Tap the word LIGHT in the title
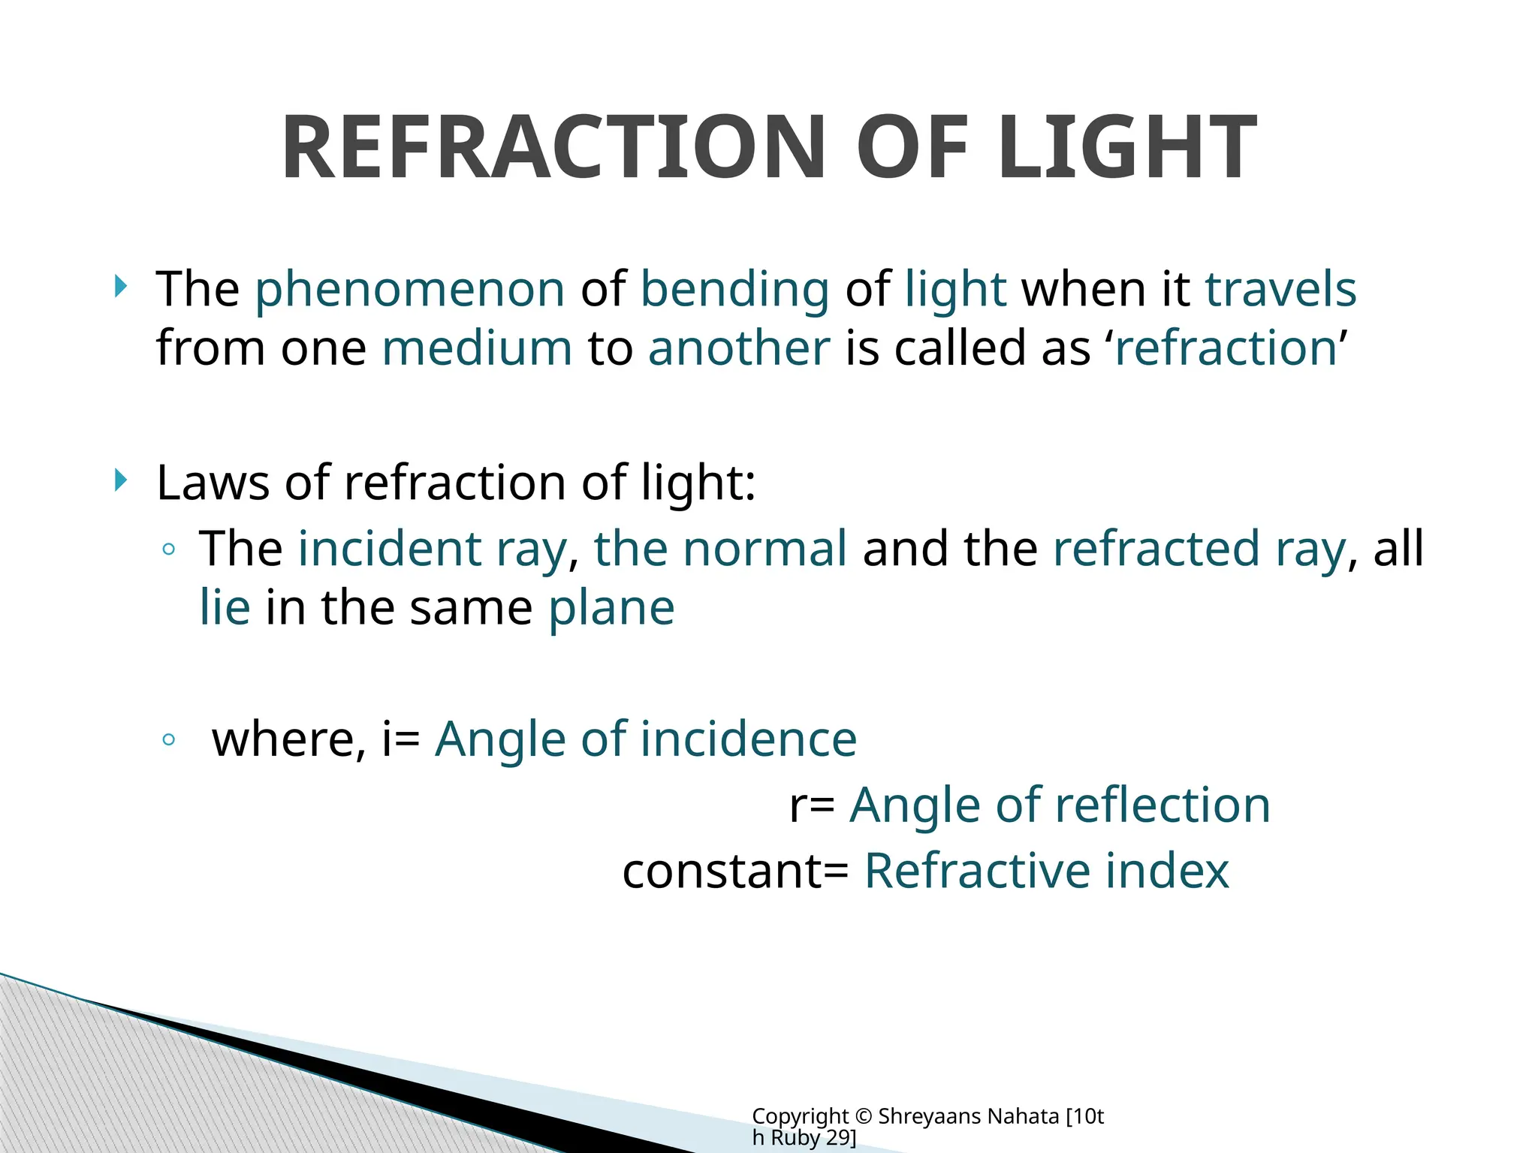pyautogui.click(x=1127, y=148)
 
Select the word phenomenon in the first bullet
pyautogui.click(x=409, y=290)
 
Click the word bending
pyautogui.click(x=734, y=290)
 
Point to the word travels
pyautogui.click(x=1280, y=290)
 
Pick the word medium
pyautogui.click(x=477, y=348)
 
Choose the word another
pyautogui.click(x=739, y=348)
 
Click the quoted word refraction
pyautogui.click(x=1226, y=348)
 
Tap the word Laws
pyautogui.click(x=213, y=482)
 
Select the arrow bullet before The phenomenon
pyautogui.click(x=121, y=286)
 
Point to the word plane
pyautogui.click(x=611, y=607)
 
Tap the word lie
pyautogui.click(x=225, y=607)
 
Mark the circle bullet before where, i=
pyautogui.click(x=168, y=740)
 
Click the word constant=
pyautogui.click(x=735, y=872)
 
